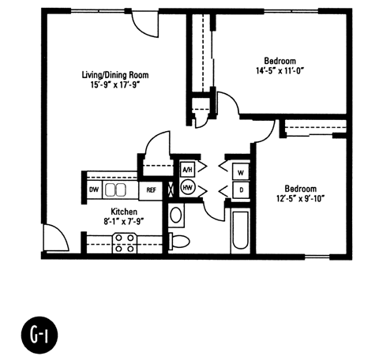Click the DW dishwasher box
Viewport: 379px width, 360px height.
pyautogui.click(x=93, y=189)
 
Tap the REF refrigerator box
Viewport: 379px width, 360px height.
pyautogui.click(x=150, y=190)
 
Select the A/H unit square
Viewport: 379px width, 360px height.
pyautogui.click(x=187, y=170)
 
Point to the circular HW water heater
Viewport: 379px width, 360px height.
pyautogui.click(x=188, y=189)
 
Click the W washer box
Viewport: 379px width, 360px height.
pyautogui.click(x=240, y=171)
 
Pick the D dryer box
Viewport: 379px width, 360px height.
pyautogui.click(x=240, y=189)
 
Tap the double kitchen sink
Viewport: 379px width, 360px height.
pyautogui.click(x=115, y=189)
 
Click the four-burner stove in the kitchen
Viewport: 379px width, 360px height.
pyautogui.click(x=124, y=246)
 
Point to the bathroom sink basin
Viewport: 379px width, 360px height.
pyautogui.click(x=176, y=215)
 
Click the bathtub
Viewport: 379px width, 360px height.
pyautogui.click(x=240, y=231)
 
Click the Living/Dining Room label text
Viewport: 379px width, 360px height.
pyautogui.click(x=114, y=76)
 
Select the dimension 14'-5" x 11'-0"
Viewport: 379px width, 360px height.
pyautogui.click(x=280, y=72)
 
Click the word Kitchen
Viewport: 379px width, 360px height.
pyautogui.click(x=125, y=212)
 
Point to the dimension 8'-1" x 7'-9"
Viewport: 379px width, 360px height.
pyautogui.click(x=125, y=223)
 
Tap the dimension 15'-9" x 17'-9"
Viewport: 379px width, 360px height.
pyautogui.click(x=114, y=87)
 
